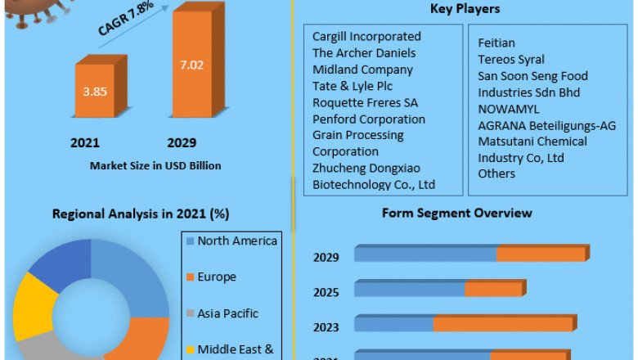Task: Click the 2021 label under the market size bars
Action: (85, 143)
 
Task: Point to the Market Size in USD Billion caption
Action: (155, 166)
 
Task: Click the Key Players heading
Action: (465, 9)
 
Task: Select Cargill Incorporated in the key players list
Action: (366, 37)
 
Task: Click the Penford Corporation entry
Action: (369, 119)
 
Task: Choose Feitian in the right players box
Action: (496, 43)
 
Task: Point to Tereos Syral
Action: (511, 59)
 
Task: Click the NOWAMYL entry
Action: (509, 109)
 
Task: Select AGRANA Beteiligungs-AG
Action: (546, 125)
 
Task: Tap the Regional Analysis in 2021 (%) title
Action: (141, 214)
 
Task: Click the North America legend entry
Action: (237, 241)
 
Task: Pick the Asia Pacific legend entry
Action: (227, 313)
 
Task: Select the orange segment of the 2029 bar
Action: (541, 254)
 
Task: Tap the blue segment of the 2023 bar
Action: (393, 324)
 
